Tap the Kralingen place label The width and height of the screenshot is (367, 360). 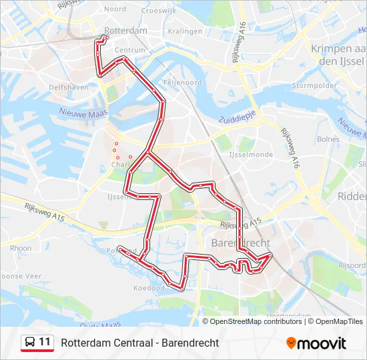pyautogui.click(x=185, y=31)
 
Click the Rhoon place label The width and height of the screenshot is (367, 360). pyautogui.click(x=21, y=248)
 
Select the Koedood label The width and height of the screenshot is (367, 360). pyautogui.click(x=149, y=288)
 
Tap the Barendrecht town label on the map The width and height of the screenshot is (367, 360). pyautogui.click(x=240, y=243)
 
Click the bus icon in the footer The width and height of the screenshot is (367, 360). pyautogui.click(x=30, y=343)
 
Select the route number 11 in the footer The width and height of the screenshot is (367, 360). pyautogui.click(x=45, y=342)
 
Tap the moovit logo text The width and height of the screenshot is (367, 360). pyautogui.click(x=322, y=343)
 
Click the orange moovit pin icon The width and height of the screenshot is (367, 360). pyautogui.click(x=291, y=343)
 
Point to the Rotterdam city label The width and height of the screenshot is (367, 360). pyautogui.click(x=127, y=31)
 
